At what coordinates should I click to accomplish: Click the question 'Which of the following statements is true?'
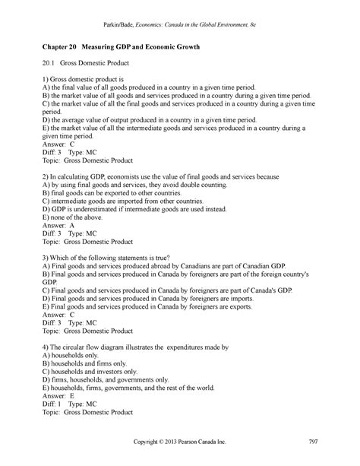click(115, 258)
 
